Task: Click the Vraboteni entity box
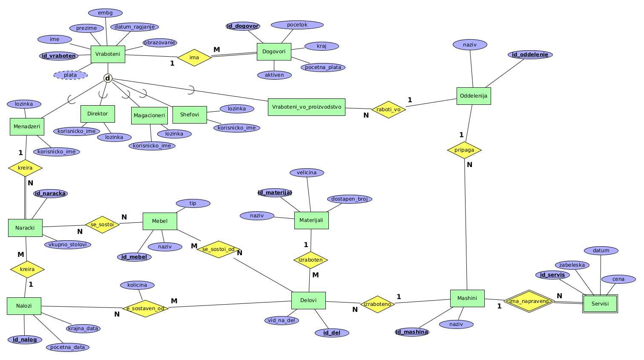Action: point(108,54)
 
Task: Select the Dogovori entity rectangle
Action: point(274,52)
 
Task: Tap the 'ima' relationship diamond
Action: point(194,58)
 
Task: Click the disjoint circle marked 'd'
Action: point(108,78)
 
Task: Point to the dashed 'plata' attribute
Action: point(70,75)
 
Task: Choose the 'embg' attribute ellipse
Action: point(105,13)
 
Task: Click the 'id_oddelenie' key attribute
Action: point(530,55)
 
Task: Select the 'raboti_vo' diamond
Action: point(388,109)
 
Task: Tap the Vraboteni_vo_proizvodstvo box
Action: point(307,107)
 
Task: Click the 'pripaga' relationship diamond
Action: point(464,150)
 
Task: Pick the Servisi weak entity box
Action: point(600,304)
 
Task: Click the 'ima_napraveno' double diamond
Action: point(529,301)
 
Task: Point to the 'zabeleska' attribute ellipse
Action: point(572,265)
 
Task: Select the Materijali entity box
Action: point(311,220)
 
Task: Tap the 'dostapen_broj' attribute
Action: point(349,199)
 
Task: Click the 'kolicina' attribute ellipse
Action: point(137,285)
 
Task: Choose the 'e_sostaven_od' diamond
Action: point(145,308)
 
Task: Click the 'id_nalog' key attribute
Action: point(25,340)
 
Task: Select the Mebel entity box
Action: point(160,221)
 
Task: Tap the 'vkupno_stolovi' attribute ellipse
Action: point(67,245)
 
